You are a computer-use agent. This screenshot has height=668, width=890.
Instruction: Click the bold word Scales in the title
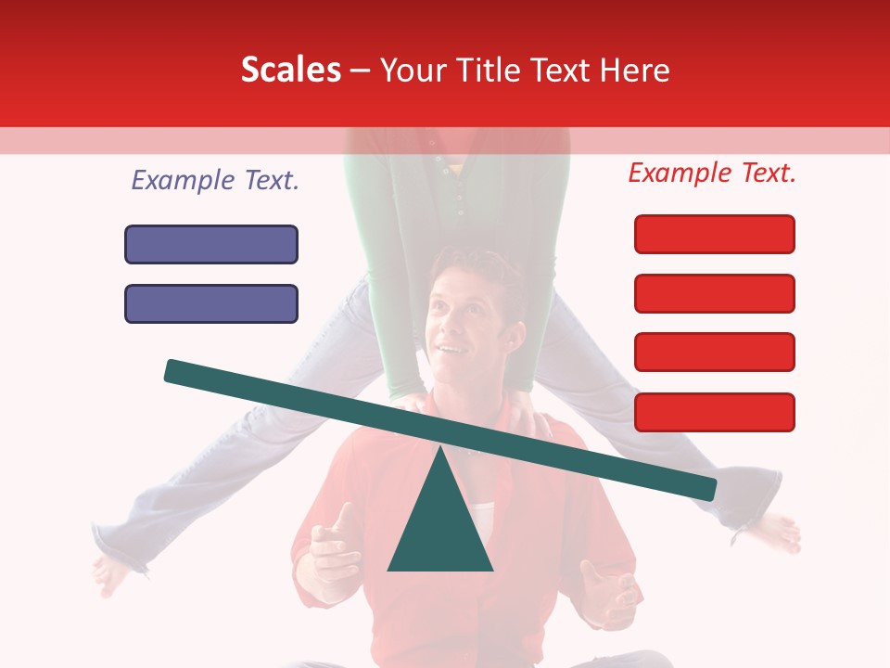pos(290,70)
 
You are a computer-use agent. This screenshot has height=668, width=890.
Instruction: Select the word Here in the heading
pos(635,70)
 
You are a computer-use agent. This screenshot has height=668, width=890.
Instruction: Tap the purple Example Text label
pos(215,181)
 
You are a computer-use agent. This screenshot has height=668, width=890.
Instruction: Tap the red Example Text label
pos(712,173)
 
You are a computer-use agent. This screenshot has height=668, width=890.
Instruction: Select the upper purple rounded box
pos(211,244)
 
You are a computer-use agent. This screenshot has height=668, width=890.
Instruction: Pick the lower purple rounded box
pos(211,303)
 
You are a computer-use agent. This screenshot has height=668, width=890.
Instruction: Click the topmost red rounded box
pos(715,234)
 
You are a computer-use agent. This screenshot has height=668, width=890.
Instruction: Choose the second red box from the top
pos(715,293)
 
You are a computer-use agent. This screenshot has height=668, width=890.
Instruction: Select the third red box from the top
pos(715,353)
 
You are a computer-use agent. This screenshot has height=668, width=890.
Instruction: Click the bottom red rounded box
pos(715,412)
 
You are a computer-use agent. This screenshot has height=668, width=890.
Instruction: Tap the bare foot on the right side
pos(775,533)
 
